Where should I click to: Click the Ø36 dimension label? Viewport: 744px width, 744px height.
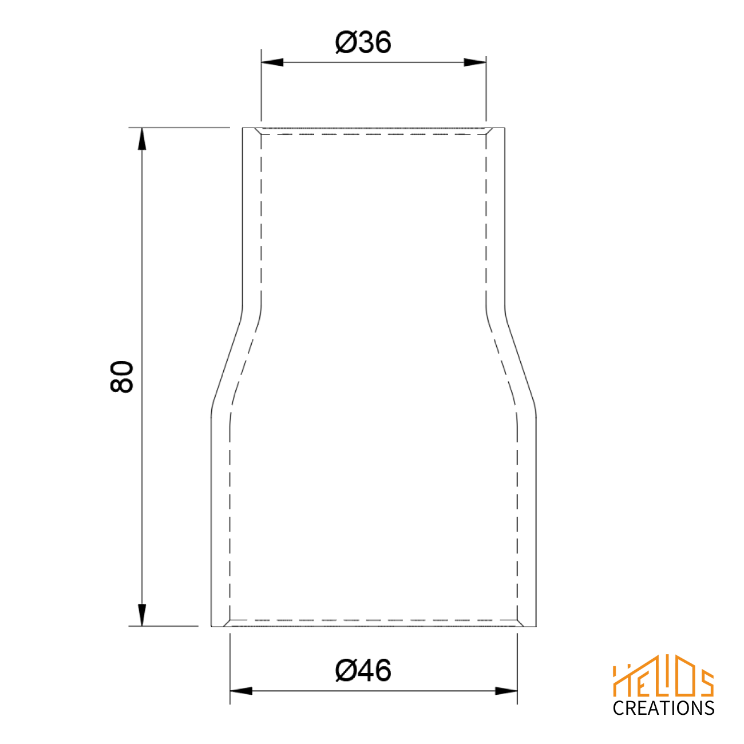pos(363,42)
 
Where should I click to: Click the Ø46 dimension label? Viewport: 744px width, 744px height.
pos(363,670)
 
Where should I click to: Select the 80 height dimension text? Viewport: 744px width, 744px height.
pos(121,377)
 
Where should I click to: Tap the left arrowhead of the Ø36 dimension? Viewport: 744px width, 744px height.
pos(272,62)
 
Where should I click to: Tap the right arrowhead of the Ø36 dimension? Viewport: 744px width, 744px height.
pos(475,62)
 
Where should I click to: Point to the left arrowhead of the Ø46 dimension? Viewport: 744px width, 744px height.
pos(241,691)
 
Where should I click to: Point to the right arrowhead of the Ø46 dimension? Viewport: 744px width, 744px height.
pos(506,691)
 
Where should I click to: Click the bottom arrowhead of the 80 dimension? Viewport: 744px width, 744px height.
pos(142,615)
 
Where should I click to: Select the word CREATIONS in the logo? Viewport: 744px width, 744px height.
pos(663,709)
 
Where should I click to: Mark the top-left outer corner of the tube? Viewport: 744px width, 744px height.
pos(243,128)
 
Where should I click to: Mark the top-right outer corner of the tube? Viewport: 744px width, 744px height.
pos(505,128)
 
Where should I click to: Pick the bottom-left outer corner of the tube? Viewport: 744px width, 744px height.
pos(212,626)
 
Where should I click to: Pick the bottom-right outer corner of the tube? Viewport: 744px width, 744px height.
pos(536,626)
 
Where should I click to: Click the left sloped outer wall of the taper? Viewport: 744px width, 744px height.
pos(227,361)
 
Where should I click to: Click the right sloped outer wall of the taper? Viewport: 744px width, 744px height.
pos(520,361)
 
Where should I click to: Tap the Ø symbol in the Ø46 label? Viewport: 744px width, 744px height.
pos(346,670)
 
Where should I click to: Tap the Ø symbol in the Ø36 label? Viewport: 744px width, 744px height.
pos(346,42)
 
